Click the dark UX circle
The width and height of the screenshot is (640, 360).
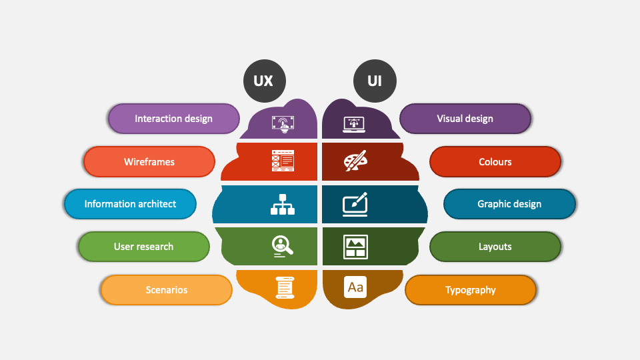pos(265,81)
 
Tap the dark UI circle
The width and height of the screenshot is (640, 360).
pos(375,81)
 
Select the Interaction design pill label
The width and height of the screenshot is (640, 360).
pos(174,119)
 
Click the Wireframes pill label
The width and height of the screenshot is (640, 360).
pos(149,161)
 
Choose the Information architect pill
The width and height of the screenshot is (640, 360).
pos(130,204)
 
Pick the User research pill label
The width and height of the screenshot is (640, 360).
pos(144,247)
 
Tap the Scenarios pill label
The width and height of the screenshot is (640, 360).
pos(167,290)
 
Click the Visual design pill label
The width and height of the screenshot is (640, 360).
pos(465,119)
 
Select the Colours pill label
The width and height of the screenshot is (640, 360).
pos(495,161)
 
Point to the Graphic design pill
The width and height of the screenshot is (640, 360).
pos(509,204)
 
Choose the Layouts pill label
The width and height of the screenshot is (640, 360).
pos(495,247)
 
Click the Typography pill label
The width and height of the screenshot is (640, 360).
pos(471,290)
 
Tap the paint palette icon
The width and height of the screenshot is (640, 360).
pos(355,161)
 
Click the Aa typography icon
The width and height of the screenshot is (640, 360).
pos(355,287)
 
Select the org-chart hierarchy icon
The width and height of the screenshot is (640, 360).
pos(283,205)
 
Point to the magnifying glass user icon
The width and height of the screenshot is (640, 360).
pos(283,247)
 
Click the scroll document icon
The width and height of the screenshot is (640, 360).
pos(285,288)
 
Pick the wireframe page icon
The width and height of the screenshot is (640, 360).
pos(283,161)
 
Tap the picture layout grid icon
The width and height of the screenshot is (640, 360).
pos(355,247)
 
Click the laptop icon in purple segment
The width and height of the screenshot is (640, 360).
pos(354,125)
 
